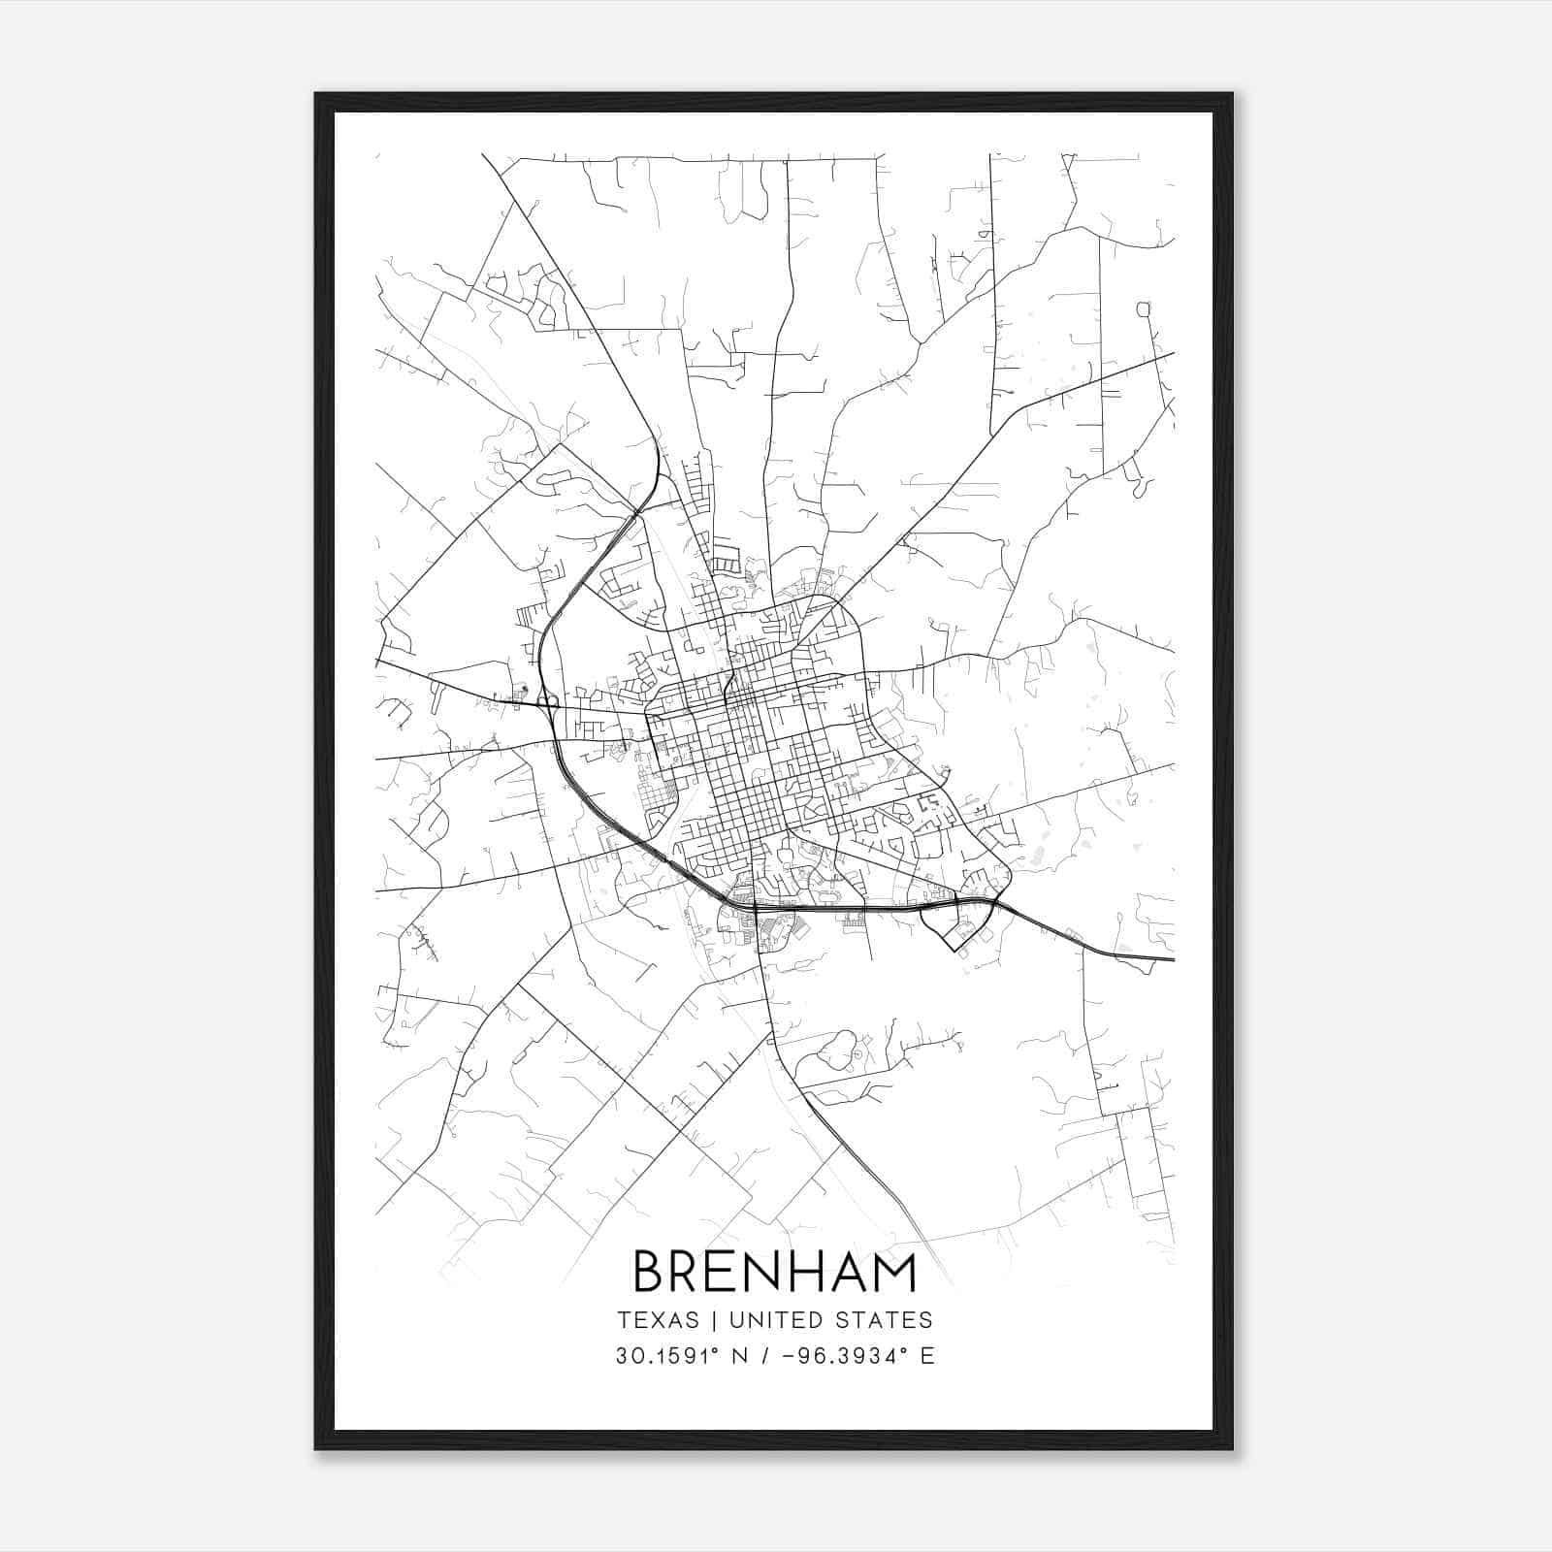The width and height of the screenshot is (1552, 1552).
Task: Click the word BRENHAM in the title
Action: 775,1272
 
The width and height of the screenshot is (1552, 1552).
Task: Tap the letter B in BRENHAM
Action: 650,1272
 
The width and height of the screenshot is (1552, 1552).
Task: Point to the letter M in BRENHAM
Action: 893,1272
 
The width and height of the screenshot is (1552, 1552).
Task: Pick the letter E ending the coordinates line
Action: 927,1356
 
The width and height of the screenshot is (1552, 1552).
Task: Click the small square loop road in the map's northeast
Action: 1143,309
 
